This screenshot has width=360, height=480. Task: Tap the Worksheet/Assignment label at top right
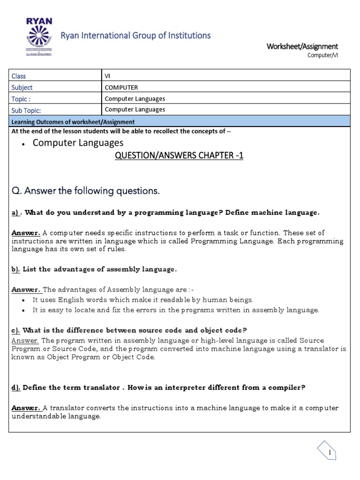[x=302, y=46]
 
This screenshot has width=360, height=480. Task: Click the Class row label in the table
[x=19, y=76]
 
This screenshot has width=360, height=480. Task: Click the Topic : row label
[x=21, y=98]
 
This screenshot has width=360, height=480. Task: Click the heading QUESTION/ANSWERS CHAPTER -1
[x=179, y=156]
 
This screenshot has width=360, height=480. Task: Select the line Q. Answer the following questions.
[x=86, y=191]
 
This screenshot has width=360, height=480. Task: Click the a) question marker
[x=16, y=212]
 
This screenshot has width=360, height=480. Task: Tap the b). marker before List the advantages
[x=17, y=269]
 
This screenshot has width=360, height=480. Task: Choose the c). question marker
[x=16, y=330]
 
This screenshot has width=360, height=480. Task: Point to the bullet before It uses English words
[x=23, y=300]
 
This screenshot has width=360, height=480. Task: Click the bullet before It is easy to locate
[x=23, y=310]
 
